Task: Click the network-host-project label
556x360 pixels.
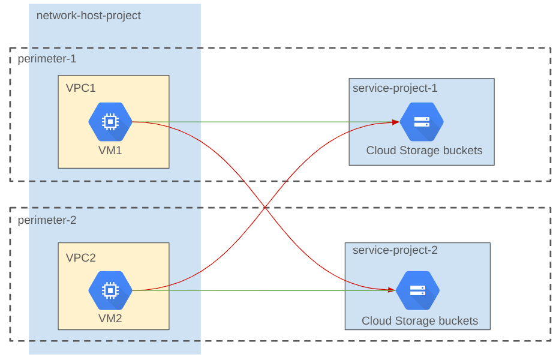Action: point(89,16)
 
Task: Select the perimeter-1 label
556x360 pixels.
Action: point(47,59)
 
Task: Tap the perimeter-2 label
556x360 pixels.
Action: point(47,220)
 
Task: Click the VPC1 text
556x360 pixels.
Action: point(81,88)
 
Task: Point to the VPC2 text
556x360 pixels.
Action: point(81,258)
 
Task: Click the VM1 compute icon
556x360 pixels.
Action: point(110,122)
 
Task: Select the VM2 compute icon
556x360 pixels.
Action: point(110,290)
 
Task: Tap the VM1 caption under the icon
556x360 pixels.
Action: point(110,150)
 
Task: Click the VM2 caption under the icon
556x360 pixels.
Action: point(110,319)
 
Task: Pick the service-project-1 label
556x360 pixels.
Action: point(395,88)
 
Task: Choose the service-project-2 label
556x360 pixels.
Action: point(395,250)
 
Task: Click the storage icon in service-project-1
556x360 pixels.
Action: point(421,122)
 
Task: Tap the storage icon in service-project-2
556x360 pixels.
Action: point(417,290)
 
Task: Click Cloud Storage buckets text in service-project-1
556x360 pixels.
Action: point(424,151)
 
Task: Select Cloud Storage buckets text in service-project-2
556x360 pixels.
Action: point(420,321)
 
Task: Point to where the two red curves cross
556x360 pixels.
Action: point(265,207)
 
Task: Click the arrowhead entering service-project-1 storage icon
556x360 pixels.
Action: point(396,122)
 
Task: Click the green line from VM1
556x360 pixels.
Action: point(264,122)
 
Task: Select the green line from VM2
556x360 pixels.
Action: point(264,290)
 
